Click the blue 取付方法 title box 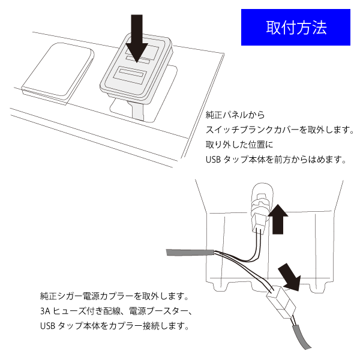click(x=296, y=28)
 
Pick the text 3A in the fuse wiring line click(x=46, y=312)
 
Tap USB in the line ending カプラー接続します click(x=47, y=328)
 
